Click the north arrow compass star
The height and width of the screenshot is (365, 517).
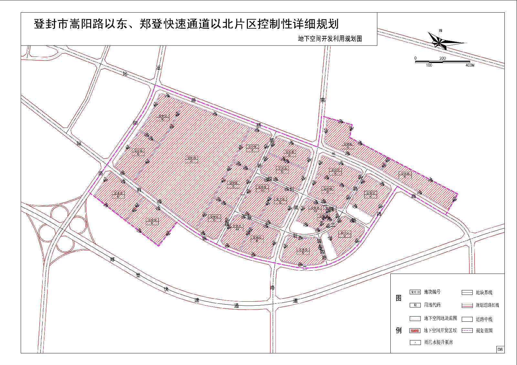(440, 42)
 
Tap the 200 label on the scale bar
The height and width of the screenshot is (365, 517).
(442, 58)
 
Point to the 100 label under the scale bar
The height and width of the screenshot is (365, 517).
(429, 65)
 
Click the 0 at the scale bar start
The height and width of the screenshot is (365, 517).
(416, 58)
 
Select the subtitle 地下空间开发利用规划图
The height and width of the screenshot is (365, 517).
(330, 39)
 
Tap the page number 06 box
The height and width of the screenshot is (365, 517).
(500, 349)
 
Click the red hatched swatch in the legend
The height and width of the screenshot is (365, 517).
(415, 330)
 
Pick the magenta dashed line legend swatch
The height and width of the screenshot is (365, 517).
(467, 330)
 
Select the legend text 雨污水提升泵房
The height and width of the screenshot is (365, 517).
(438, 342)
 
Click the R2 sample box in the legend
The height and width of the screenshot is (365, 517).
(415, 305)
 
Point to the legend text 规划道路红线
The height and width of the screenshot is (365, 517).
(487, 305)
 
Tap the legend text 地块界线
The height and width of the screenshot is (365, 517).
(484, 293)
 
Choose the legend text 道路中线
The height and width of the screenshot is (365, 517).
(484, 319)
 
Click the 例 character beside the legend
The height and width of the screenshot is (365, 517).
(399, 330)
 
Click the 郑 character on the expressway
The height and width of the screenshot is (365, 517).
(112, 259)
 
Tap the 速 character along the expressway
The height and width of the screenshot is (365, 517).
(197, 300)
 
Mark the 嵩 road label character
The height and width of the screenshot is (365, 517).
(159, 68)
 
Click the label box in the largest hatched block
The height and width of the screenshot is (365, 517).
(191, 159)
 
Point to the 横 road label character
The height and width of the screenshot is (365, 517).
(258, 125)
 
